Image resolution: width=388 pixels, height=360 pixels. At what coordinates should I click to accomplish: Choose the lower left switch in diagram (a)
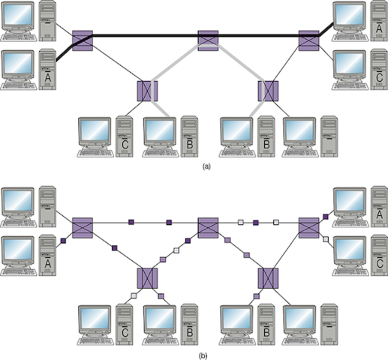click(x=148, y=91)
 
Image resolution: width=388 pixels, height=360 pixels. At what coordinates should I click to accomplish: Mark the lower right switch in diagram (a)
click(x=268, y=91)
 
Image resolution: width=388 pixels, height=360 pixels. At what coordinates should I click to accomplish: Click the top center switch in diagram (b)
click(x=208, y=225)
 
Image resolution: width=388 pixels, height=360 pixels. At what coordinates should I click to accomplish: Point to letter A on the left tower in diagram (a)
click(x=49, y=76)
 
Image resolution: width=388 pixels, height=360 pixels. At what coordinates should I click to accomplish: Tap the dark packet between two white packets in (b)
click(x=256, y=222)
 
